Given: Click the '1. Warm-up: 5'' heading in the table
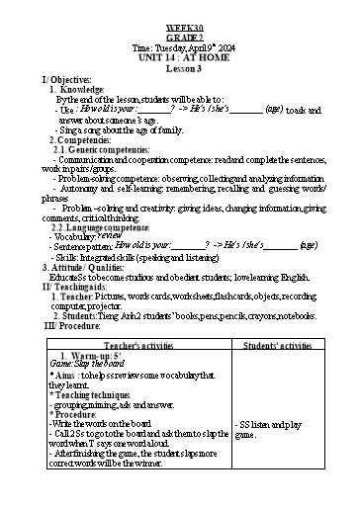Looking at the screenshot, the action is [95, 356].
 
